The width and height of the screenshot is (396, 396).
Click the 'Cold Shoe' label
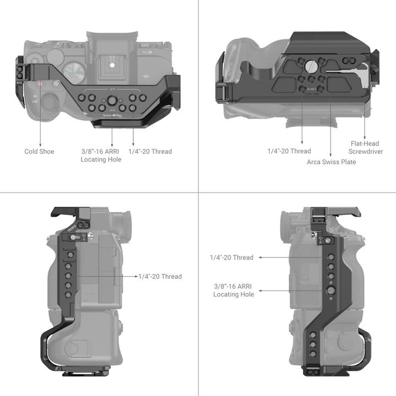pyautogui.click(x=39, y=151)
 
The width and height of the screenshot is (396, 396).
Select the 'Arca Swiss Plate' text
pyautogui.click(x=331, y=162)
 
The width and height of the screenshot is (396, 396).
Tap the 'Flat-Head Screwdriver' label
pyautogui.click(x=365, y=147)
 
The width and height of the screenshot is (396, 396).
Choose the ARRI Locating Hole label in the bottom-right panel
pyautogui.click(x=234, y=290)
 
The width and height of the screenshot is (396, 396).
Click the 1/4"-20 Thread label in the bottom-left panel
pyautogui.click(x=160, y=276)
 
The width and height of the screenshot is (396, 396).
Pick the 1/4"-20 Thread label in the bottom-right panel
pyautogui.click(x=232, y=257)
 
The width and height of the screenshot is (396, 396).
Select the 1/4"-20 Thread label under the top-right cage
pyautogui.click(x=289, y=151)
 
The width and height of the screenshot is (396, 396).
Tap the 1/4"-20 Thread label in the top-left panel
pyautogui.click(x=150, y=151)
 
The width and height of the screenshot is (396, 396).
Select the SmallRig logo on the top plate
pyautogui.click(x=112, y=116)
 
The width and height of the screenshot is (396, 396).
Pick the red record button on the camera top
pyautogui.click(x=40, y=84)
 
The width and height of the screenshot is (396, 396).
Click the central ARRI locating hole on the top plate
pyautogui.click(x=112, y=100)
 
